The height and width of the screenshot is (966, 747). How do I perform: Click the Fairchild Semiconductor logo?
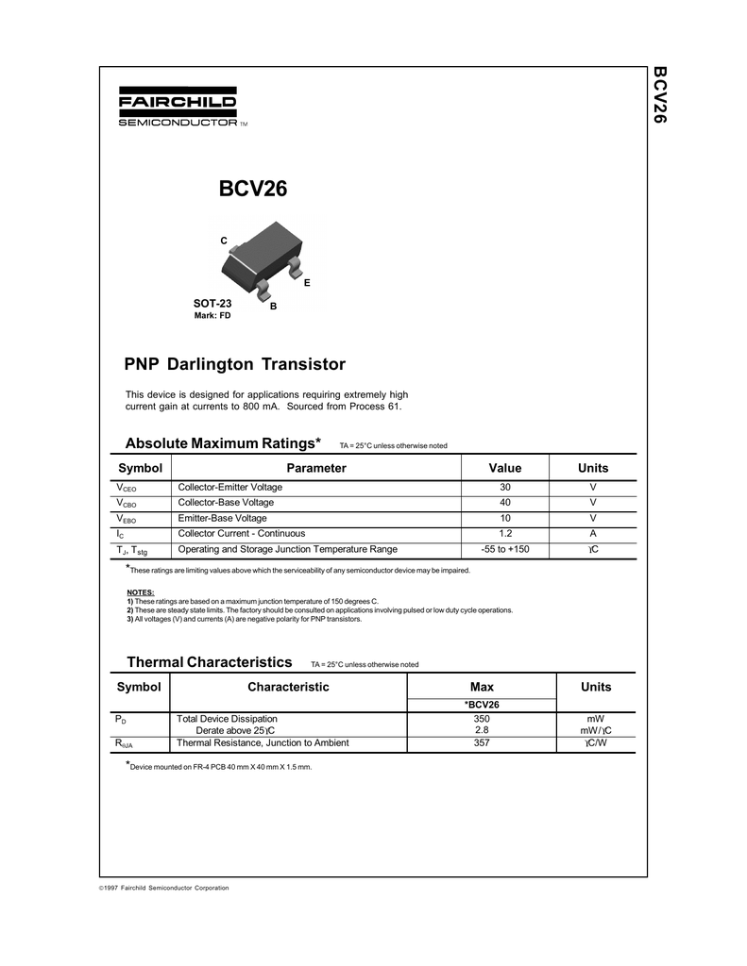coord(178,108)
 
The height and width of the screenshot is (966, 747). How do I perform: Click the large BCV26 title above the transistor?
coord(253,190)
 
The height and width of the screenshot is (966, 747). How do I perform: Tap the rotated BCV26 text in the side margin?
coord(660,95)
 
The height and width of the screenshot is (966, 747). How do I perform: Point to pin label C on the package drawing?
coord(224,241)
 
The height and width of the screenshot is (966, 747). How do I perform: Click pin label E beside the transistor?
coord(307,283)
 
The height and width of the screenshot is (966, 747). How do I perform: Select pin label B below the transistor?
coord(273,308)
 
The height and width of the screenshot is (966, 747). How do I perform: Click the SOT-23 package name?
coord(212,304)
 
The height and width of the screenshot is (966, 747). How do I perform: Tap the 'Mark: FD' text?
coord(212,316)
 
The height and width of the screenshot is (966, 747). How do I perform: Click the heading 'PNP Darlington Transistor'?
coord(235,364)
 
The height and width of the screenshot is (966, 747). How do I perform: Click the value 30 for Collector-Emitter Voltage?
coord(505,487)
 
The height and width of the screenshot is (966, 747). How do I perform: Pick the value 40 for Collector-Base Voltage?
coord(505,503)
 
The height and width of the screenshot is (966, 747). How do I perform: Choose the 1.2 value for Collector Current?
coord(505,533)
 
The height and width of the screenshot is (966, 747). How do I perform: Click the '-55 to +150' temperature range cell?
coord(505,549)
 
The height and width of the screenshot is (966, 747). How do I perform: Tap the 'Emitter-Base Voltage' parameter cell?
coord(223,518)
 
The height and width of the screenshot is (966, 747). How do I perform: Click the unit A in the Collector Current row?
coord(593,533)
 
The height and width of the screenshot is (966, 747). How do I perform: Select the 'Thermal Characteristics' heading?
coord(210,662)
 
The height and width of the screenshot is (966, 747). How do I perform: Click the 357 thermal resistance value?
coord(482,743)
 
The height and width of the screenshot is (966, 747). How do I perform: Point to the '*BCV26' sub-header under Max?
coord(482,704)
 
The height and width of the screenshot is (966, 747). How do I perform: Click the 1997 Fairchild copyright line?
coord(164,888)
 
